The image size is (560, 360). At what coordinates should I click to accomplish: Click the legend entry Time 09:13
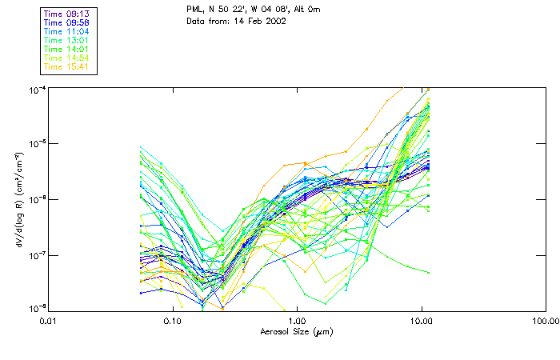coord(68,14)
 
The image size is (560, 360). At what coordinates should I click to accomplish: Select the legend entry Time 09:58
coord(68,22)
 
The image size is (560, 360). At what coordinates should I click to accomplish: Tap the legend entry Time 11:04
coord(68,31)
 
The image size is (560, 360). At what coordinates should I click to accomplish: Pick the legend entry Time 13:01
coord(68,40)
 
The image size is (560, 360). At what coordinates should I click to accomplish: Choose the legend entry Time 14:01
coord(68,49)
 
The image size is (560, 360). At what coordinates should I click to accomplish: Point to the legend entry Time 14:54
coord(68,58)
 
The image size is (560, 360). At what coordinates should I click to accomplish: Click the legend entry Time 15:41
coord(68,66)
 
